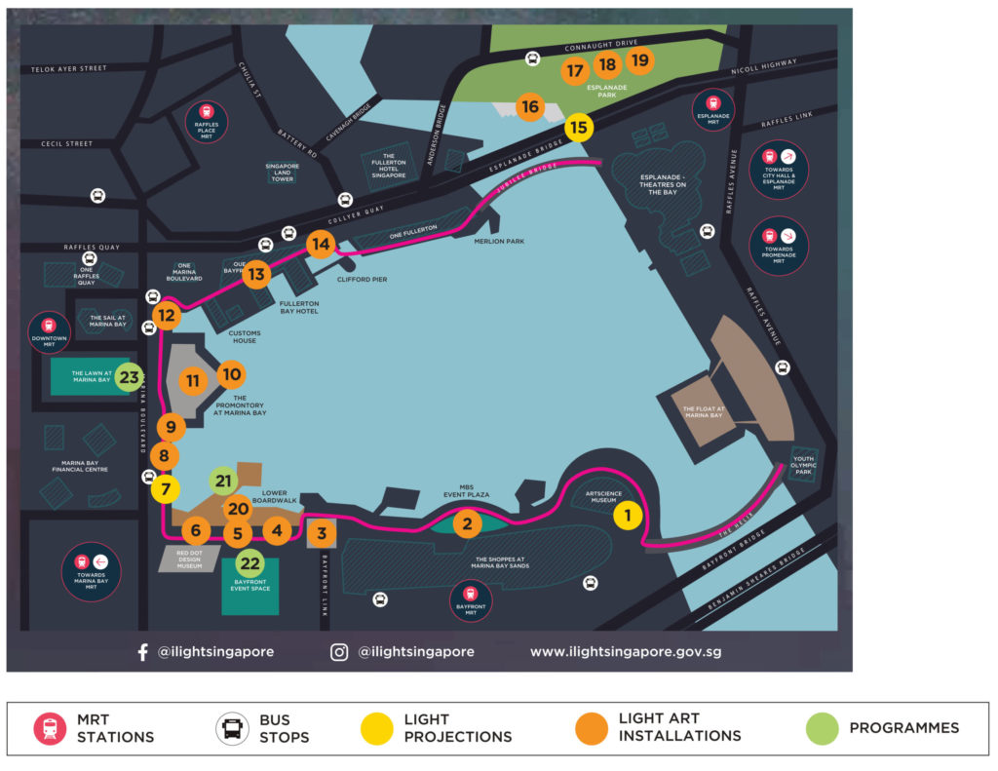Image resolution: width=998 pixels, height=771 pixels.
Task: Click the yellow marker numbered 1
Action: (628, 516)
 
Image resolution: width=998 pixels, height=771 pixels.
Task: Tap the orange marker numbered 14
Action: (321, 245)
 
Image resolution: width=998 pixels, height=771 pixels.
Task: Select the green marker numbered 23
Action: (129, 376)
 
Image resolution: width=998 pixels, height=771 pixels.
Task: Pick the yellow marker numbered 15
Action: (579, 127)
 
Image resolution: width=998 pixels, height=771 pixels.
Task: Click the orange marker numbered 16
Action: (529, 107)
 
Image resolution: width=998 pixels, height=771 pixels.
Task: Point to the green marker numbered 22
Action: (250, 563)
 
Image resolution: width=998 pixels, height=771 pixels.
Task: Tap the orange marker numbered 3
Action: (322, 533)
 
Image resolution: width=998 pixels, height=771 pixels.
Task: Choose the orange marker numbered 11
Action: (193, 381)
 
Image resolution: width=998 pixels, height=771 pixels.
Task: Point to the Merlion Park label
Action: (499, 241)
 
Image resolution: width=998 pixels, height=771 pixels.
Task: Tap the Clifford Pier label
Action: (363, 280)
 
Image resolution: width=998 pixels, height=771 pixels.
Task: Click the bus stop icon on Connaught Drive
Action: (533, 58)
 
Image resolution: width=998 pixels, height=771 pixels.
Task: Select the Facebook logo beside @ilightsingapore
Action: (142, 652)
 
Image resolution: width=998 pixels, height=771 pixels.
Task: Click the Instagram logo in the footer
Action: (339, 652)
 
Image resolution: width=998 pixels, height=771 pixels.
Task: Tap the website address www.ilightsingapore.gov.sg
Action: (625, 652)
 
